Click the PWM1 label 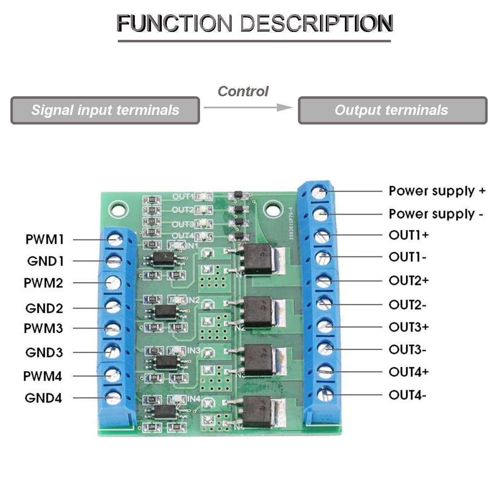click(44, 239)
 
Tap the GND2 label click(44, 308)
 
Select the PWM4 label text click(42, 376)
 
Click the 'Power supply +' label click(437, 191)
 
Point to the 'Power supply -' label click(436, 214)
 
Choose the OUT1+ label click(408, 235)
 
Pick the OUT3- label click(407, 350)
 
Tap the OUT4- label click(407, 395)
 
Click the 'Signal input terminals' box click(105, 110)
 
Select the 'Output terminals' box click(392, 110)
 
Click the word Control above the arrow click(243, 91)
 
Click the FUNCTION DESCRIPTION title click(254, 23)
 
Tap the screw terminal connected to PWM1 click(114, 239)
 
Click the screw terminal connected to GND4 click(112, 398)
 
